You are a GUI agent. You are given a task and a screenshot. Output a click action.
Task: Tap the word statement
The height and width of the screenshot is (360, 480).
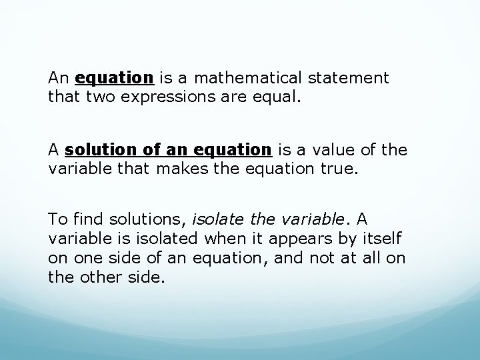tap(347, 78)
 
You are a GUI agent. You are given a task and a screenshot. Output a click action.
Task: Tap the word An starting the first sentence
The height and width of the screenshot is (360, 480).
tap(58, 78)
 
